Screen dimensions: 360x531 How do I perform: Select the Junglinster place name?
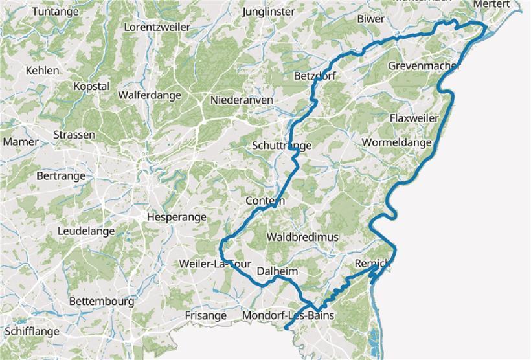[x=267, y=12]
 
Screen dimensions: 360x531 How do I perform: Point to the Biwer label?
[x=370, y=19]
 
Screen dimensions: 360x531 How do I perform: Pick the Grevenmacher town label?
[x=424, y=66]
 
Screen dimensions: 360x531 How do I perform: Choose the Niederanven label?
[x=242, y=100]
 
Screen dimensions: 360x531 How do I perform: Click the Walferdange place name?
[x=150, y=95]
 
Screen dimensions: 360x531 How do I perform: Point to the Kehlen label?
[x=43, y=71]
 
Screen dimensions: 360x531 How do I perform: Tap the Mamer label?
[x=16, y=142]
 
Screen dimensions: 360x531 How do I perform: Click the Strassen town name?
[x=74, y=135]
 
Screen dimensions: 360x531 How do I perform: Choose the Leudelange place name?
[x=86, y=231]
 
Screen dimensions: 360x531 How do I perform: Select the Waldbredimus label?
[x=302, y=238]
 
